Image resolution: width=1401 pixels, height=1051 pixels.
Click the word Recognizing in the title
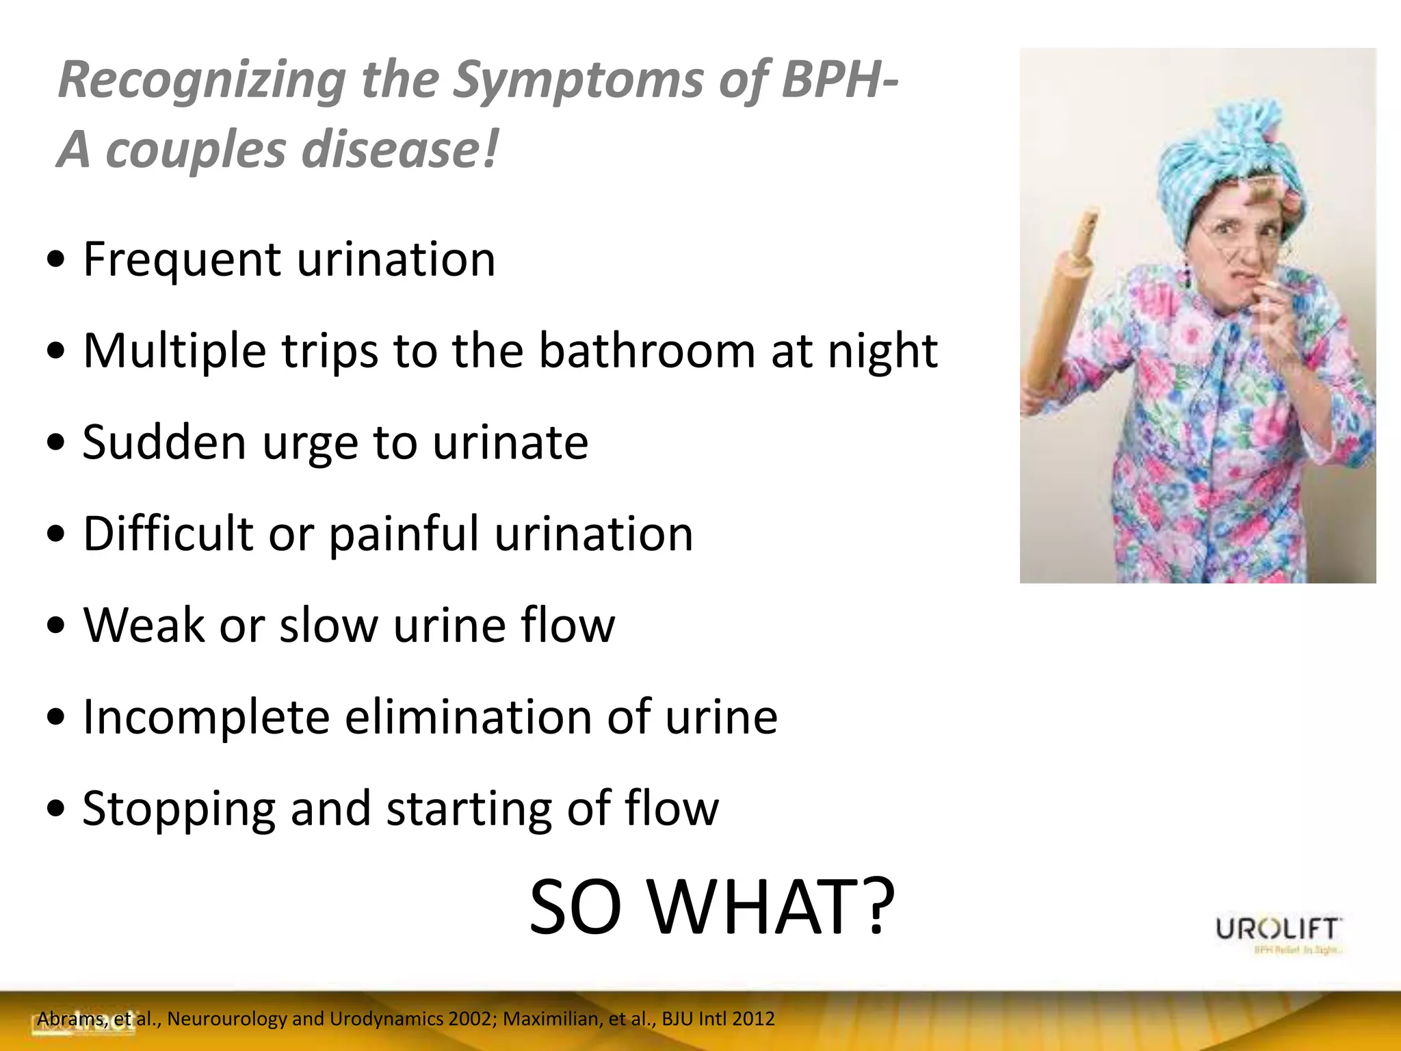tap(202, 81)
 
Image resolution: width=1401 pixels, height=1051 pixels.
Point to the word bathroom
tap(646, 351)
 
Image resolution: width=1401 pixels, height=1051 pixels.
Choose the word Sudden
tap(163, 443)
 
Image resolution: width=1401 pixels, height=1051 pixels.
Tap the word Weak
tap(144, 625)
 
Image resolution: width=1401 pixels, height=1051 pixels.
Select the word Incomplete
tap(205, 717)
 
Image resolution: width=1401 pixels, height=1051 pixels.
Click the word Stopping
tap(179, 809)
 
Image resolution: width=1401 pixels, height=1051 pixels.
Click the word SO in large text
tap(575, 907)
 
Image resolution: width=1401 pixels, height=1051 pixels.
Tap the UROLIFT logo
tap(1278, 931)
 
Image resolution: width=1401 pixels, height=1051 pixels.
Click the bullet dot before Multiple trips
tap(56, 352)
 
